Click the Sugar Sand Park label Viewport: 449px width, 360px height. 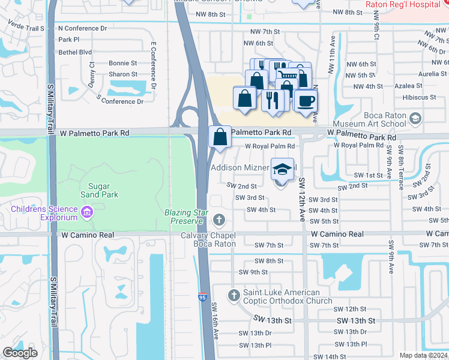(x=100, y=190)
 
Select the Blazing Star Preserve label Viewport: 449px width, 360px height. (x=187, y=217)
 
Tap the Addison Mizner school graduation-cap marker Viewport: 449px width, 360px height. (x=282, y=170)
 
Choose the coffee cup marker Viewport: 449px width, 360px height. (x=306, y=100)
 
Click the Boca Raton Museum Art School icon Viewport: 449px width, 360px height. (x=415, y=119)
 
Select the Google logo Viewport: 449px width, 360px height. (x=20, y=353)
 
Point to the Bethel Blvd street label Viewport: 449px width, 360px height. (x=75, y=52)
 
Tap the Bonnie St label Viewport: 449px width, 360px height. (x=123, y=63)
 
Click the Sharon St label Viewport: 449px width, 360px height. (x=123, y=75)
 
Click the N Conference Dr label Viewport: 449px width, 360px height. (x=82, y=28)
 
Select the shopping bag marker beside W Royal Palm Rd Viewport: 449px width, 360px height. (x=220, y=137)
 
